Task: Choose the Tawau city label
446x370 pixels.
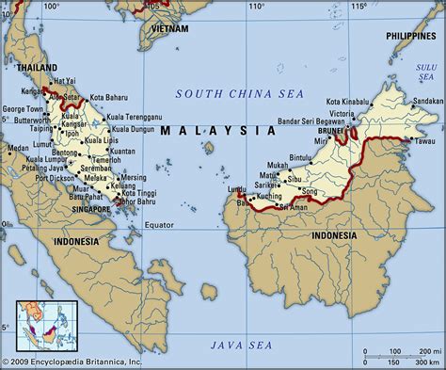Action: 426,140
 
